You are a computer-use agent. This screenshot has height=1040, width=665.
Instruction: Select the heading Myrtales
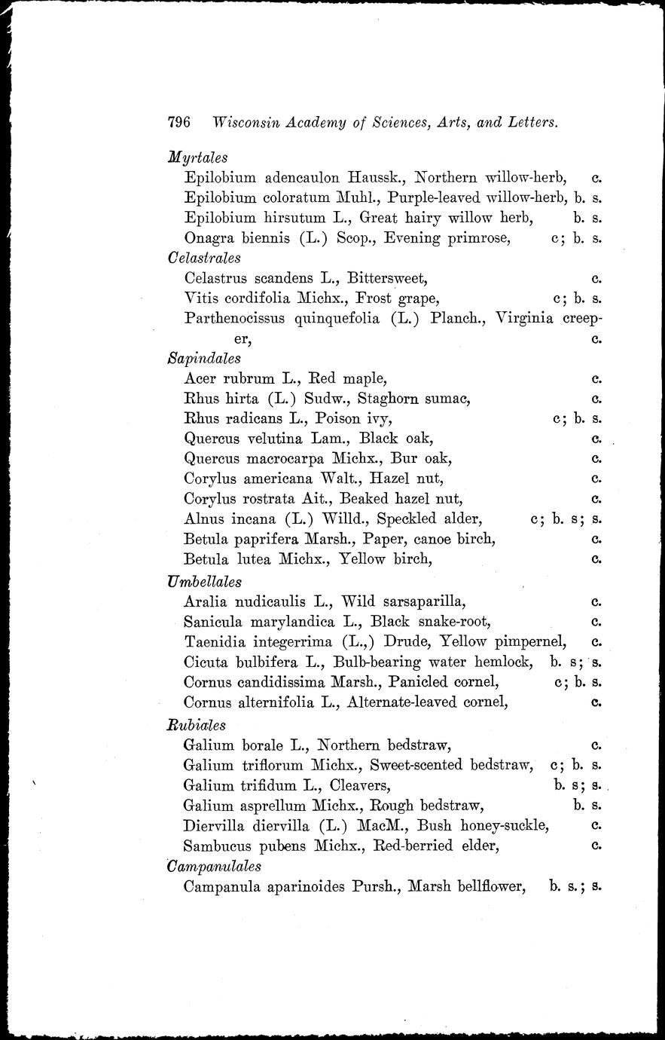click(198, 158)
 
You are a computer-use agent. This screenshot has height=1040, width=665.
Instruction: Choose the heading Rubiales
click(197, 726)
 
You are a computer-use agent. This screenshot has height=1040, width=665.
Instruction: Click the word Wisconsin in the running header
click(249, 122)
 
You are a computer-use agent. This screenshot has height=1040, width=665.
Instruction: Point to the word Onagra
click(209, 238)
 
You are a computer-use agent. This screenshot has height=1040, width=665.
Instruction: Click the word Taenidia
click(216, 642)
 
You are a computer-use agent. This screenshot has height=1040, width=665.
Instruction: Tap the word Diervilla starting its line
click(214, 826)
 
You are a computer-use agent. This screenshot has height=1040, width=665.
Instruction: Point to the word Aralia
click(205, 601)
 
